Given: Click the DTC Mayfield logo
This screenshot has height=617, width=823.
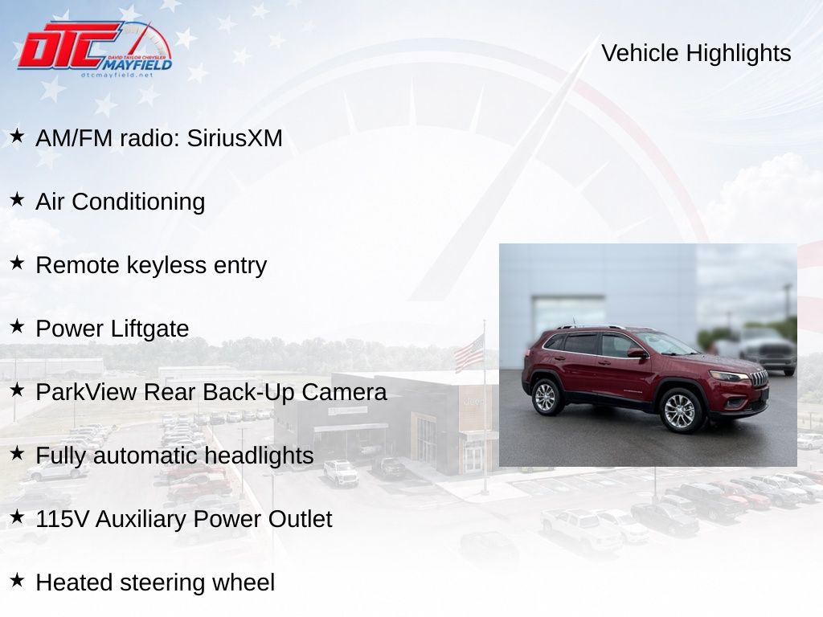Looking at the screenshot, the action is [95, 49].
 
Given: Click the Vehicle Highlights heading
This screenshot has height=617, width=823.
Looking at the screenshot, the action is [696, 53].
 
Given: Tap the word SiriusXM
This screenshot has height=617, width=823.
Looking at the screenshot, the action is [235, 138].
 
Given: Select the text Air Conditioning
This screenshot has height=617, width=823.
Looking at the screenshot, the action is [121, 202].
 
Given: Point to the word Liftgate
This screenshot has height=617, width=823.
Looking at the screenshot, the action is [149, 329].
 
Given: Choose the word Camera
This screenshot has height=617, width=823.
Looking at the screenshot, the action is [344, 392].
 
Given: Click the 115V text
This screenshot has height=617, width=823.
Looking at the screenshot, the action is [62, 519].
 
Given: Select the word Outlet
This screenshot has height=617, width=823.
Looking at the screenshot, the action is [300, 519].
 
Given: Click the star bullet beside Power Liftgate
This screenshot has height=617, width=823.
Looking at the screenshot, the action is [17, 326].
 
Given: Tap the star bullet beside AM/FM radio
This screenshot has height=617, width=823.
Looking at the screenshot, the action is [17, 136].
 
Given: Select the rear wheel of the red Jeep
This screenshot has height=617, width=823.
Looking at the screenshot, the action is [546, 397].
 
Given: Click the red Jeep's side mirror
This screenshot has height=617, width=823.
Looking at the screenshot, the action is [637, 353].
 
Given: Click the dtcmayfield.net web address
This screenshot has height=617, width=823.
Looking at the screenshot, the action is [117, 75].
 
